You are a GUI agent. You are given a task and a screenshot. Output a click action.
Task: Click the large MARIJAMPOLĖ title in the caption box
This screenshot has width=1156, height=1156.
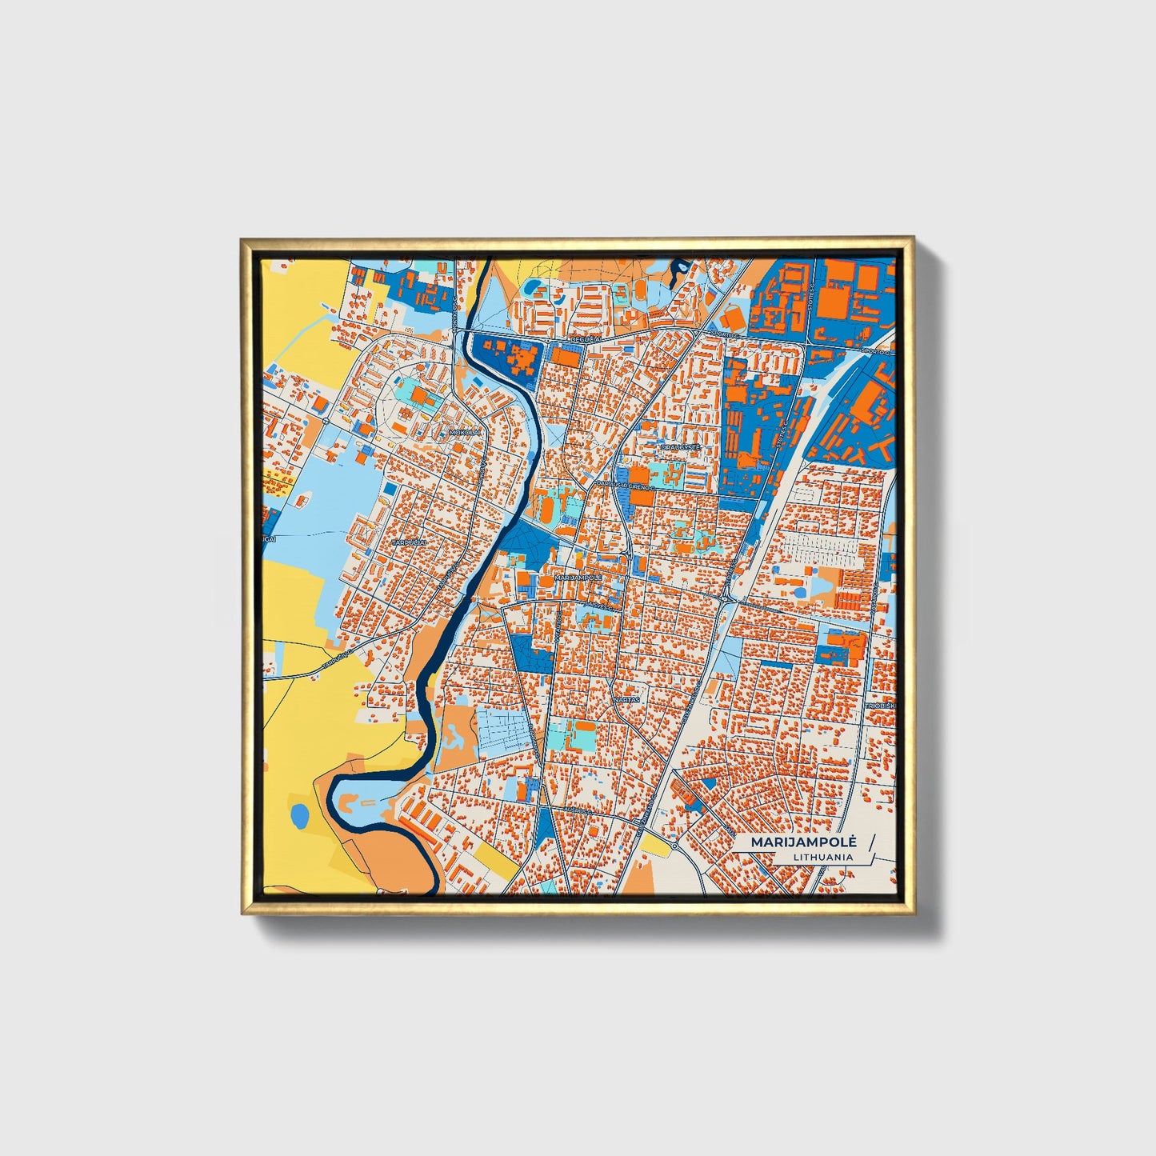803,842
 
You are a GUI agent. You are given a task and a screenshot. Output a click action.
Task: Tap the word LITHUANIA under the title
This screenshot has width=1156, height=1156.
822,857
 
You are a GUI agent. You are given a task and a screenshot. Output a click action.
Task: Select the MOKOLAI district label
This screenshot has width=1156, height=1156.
466,432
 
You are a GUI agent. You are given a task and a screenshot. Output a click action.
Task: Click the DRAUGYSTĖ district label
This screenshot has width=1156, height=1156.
680,448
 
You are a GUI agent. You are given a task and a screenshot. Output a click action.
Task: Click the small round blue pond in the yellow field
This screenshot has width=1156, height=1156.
299,816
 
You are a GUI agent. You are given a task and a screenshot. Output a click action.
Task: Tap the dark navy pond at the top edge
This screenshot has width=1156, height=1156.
681,266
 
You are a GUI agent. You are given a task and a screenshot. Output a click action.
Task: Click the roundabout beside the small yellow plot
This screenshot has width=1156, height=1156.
674,846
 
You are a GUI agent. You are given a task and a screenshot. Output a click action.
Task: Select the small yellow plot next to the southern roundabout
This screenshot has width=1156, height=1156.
654,846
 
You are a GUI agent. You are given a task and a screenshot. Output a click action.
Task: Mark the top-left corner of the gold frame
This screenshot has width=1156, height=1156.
243,240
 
